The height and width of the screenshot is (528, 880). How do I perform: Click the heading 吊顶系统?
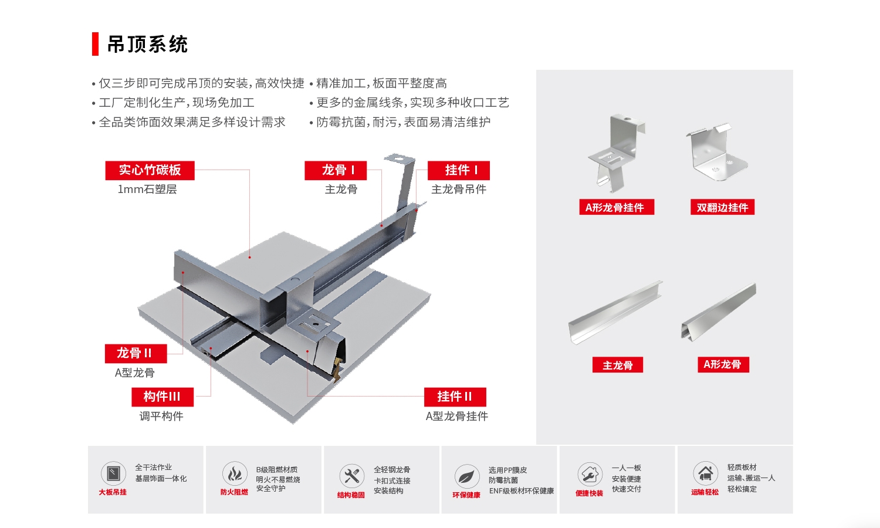click(147, 45)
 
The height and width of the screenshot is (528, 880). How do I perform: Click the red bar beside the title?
click(95, 44)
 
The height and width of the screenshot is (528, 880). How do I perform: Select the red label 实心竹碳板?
click(150, 170)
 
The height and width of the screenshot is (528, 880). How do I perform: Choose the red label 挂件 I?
click(459, 170)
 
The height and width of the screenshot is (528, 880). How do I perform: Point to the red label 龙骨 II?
click(136, 353)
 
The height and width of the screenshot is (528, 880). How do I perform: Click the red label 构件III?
click(163, 397)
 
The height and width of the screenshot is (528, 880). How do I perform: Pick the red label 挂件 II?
click(455, 397)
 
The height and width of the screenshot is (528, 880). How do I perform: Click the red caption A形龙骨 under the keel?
click(722, 364)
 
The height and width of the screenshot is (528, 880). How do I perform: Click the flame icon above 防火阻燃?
click(235, 473)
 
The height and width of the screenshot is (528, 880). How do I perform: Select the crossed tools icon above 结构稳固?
click(351, 476)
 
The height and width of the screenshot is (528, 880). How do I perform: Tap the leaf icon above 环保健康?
click(466, 476)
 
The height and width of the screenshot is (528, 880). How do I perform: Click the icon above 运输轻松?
click(705, 473)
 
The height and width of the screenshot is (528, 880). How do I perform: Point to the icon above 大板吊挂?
click(113, 473)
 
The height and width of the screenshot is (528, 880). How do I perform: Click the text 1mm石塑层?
click(147, 189)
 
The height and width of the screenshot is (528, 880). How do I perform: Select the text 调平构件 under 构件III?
click(161, 416)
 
